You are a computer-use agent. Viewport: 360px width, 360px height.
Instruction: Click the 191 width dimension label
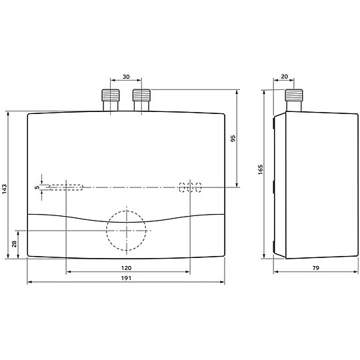[126, 278]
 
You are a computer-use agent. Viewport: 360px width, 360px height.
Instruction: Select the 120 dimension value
[126, 268]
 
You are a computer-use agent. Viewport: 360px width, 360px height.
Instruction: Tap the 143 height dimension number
[5, 189]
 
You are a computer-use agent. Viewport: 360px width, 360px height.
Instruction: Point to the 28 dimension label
[14, 244]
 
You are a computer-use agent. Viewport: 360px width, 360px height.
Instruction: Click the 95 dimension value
[233, 139]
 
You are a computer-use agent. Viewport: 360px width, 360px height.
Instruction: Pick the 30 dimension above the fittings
[126, 77]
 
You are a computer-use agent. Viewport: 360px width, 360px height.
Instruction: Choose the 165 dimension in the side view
[261, 170]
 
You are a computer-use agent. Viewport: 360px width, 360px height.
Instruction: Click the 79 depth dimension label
[316, 268]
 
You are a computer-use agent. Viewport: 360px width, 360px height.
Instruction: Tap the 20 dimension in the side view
[284, 77]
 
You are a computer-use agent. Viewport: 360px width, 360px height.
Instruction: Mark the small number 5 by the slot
[37, 187]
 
